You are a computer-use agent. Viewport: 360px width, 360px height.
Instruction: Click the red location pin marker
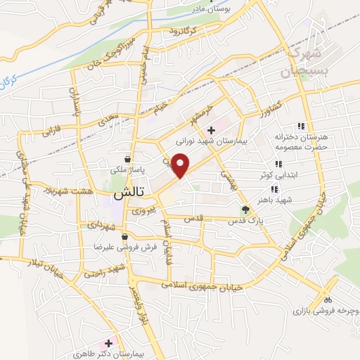tap(181, 165)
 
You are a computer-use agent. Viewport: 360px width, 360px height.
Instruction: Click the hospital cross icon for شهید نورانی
tap(210, 130)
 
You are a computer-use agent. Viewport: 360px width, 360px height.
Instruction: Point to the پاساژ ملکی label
tap(127, 169)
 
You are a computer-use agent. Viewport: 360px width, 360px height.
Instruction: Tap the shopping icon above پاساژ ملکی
tap(127, 159)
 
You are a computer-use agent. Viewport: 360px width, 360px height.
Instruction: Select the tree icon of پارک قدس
tap(245, 210)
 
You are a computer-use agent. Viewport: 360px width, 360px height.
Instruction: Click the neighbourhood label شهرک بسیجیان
tap(307, 62)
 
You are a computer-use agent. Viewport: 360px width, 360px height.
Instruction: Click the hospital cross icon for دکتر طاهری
tap(108, 343)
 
